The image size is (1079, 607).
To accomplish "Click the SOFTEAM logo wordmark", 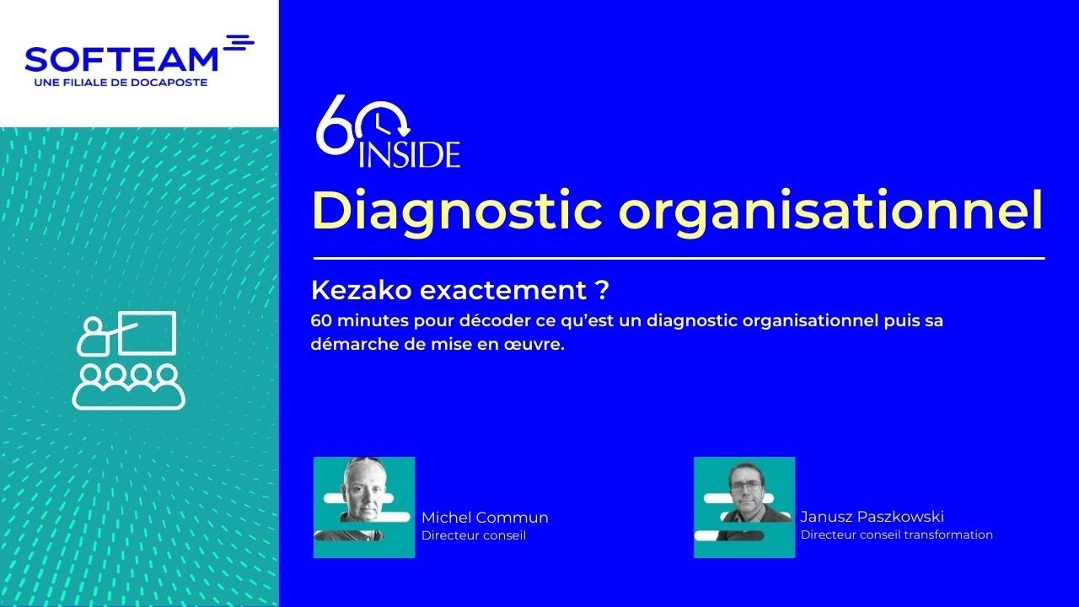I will click(x=121, y=59).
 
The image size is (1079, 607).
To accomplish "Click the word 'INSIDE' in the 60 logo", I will click(x=410, y=155).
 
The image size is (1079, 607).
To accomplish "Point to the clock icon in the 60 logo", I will click(x=385, y=123).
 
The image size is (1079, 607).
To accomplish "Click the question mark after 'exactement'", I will click(x=601, y=291).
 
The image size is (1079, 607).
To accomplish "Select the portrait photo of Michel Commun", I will click(x=364, y=507).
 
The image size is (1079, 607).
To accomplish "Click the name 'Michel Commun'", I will click(x=484, y=518).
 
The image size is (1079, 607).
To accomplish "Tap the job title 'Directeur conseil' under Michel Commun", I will click(x=473, y=535).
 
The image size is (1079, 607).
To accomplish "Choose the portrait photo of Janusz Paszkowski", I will click(x=743, y=507).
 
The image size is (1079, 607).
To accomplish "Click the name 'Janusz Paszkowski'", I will click(x=872, y=517).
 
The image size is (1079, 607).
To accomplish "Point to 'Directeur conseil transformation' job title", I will click(x=896, y=534).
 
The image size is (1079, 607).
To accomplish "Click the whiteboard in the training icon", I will click(x=148, y=332).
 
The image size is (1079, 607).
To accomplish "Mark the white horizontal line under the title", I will click(x=679, y=258).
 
